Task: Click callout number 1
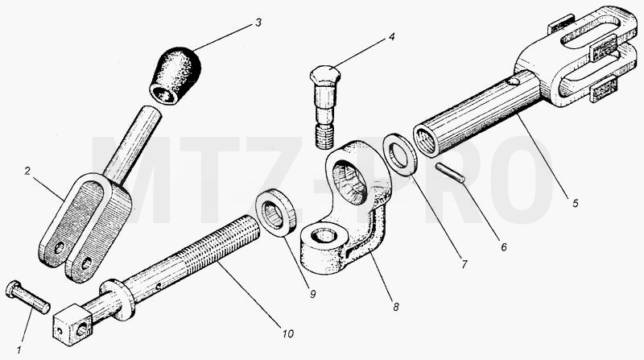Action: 19,350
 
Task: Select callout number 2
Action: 27,171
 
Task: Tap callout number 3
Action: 258,23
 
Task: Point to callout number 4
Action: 391,36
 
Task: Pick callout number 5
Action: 575,203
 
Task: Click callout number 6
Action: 504,247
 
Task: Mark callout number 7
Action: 464,264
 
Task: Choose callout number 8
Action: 395,307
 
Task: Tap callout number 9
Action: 312,294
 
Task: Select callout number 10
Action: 288,333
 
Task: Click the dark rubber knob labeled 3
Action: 175,76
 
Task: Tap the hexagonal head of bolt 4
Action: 325,75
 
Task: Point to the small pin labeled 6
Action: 451,172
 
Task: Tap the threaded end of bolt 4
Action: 324,137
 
